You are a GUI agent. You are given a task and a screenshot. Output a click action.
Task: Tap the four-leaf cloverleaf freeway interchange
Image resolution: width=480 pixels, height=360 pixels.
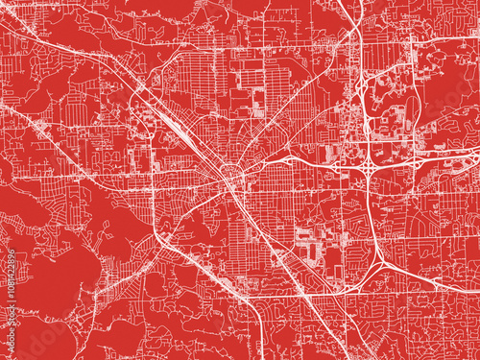click(369, 169)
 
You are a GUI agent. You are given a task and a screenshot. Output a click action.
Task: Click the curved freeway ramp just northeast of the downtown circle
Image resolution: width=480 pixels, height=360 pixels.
click(278, 155)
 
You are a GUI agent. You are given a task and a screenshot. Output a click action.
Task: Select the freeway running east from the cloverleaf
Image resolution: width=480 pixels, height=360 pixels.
click(442, 158)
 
